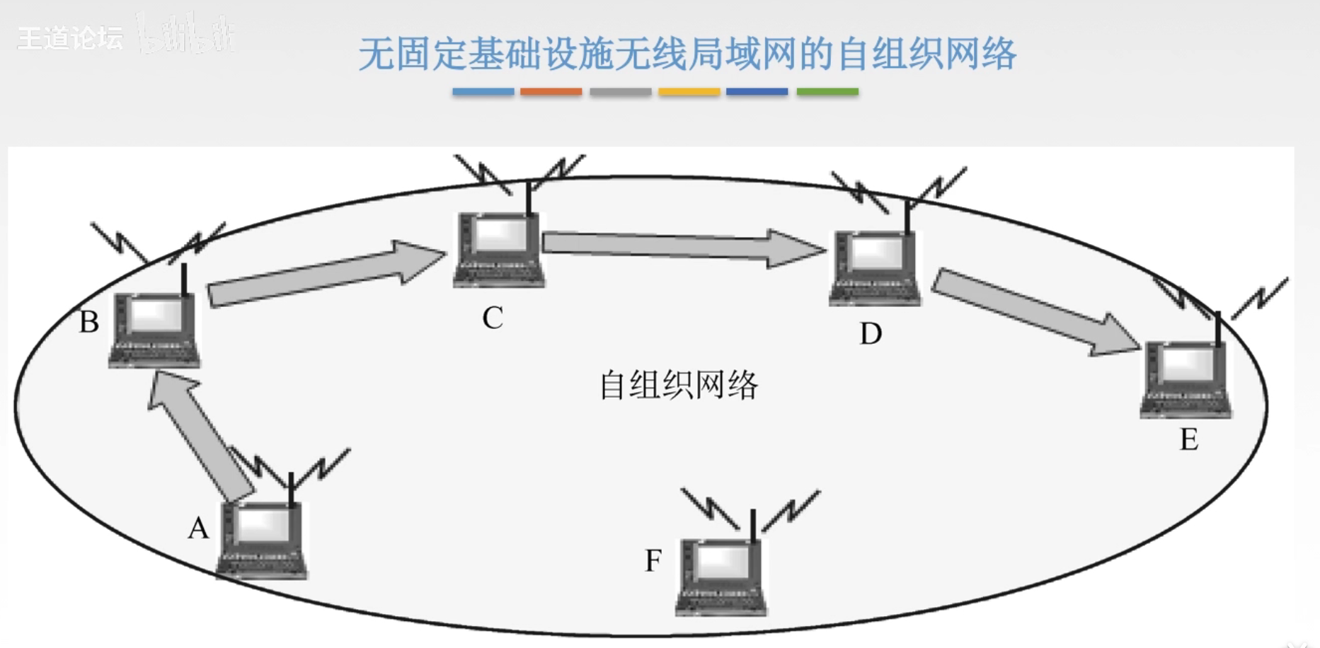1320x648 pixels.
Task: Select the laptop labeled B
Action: pos(155,330)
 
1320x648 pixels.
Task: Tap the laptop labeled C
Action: pos(499,250)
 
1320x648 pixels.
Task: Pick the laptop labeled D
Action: pos(876,267)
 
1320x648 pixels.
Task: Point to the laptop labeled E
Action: pos(1186,380)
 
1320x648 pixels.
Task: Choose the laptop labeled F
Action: pos(721,577)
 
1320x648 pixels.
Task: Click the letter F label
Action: pos(653,561)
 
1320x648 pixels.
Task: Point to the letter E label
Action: pos(1189,439)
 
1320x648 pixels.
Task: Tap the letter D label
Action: pos(871,333)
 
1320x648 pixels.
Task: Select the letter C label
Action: pos(493,318)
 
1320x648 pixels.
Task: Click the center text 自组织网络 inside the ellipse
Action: pos(679,386)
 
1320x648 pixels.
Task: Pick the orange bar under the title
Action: pos(551,92)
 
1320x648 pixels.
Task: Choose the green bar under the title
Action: pos(827,92)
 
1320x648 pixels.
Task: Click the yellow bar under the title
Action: pos(689,92)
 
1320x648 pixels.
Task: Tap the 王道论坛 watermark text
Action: pos(70,38)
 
